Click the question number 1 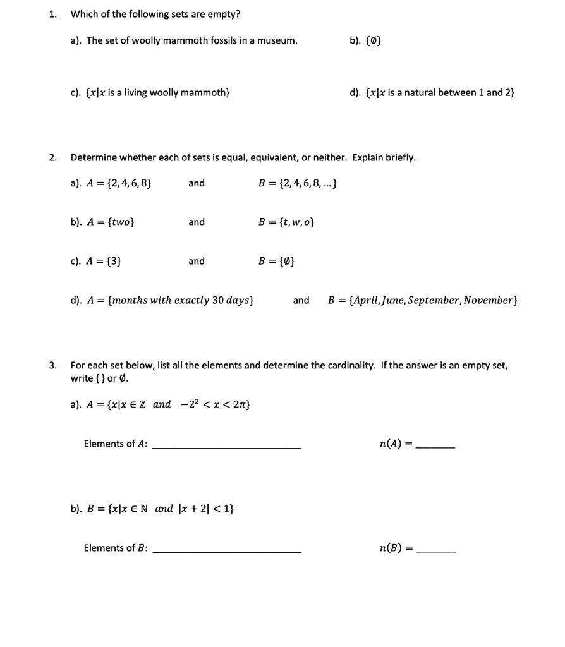(53, 14)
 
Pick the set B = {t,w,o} (286, 222)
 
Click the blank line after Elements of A (227, 447)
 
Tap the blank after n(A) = (437, 447)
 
